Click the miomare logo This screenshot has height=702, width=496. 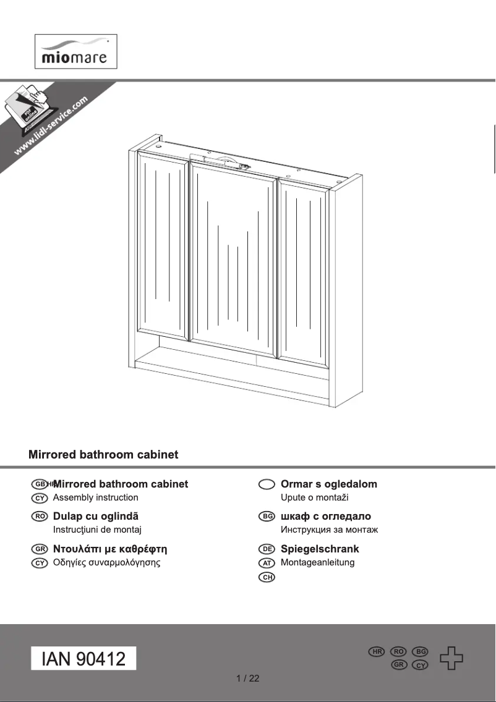75,51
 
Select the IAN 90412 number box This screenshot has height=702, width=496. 83,659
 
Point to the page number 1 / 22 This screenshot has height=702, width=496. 248,679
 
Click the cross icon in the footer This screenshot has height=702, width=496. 451,658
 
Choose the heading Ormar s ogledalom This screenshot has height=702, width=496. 328,484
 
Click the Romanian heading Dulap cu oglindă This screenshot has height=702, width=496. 96,517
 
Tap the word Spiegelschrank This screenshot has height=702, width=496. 320,549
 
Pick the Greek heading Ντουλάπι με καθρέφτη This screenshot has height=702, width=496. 110,549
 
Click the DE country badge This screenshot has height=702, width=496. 267,549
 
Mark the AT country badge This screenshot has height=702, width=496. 267,563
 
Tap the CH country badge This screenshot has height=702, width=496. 267,577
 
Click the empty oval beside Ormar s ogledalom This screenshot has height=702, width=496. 267,484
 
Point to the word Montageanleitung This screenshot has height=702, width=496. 317,562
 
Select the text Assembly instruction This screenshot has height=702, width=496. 96,497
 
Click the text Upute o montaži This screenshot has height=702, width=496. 314,497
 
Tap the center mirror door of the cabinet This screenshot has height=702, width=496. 233,260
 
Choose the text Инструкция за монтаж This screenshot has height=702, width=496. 329,530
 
